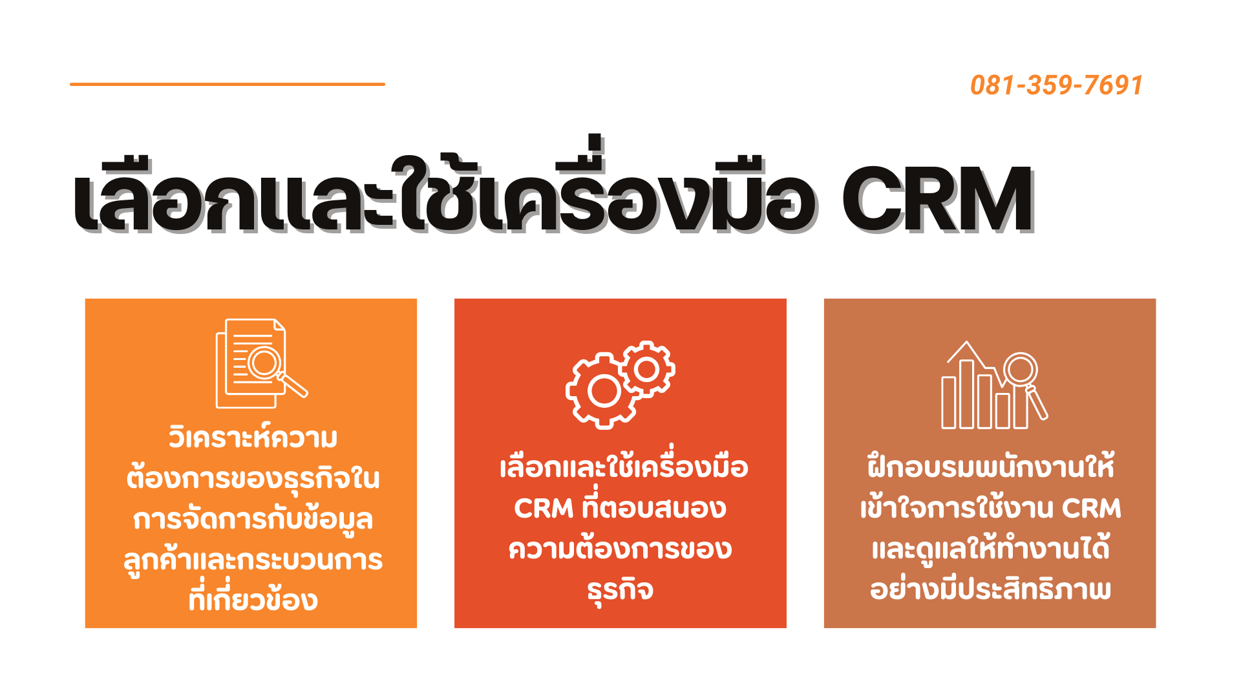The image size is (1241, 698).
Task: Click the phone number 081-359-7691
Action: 1056,85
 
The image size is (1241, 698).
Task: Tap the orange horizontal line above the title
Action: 228,84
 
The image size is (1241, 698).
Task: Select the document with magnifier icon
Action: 261,363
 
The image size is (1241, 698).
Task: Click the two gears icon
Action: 620,385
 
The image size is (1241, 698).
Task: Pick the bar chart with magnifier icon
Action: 994,385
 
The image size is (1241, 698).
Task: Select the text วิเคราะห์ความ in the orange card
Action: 253,438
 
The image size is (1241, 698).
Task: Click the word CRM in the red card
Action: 544,509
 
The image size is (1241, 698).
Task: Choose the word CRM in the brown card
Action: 1091,509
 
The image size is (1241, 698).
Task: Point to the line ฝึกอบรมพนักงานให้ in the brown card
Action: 990,465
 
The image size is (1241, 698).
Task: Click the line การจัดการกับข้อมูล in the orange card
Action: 253,519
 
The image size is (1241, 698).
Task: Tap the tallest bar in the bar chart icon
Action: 967,394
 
